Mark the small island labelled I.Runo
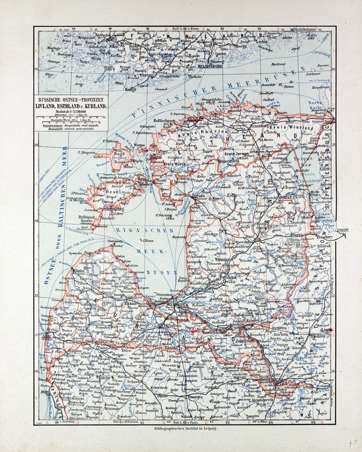[x=147, y=241]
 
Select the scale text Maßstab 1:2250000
[x=70, y=112]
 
